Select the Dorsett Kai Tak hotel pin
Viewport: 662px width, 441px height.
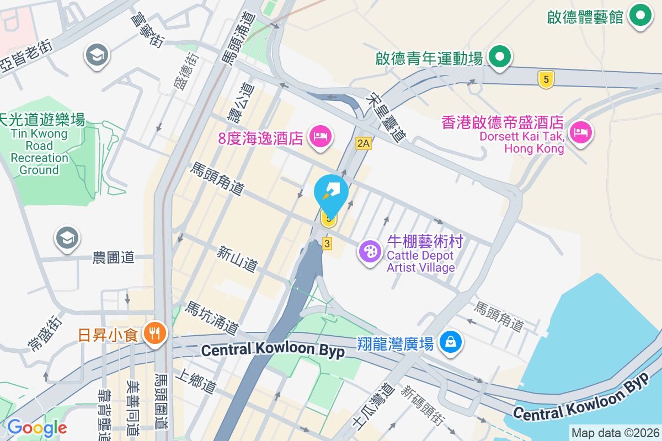(x=580, y=132)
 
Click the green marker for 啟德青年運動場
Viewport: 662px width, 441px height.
(x=500, y=56)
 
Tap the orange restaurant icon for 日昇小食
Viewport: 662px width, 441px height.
(x=154, y=333)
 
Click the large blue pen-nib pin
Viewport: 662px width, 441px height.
(x=331, y=192)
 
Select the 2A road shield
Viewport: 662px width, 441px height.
(x=364, y=144)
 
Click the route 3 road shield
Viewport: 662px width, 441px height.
(x=328, y=243)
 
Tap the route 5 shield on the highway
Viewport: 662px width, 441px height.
(x=546, y=80)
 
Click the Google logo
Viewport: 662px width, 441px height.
(x=37, y=428)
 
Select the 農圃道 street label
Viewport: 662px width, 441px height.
(x=114, y=257)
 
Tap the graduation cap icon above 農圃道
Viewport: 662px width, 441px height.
(x=67, y=238)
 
